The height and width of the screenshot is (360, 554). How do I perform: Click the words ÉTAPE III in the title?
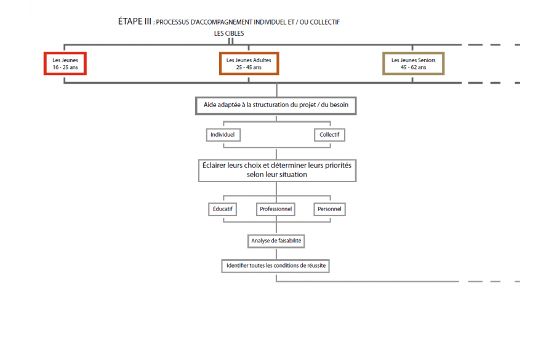click(135, 22)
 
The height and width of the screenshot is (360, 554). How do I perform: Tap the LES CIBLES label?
click(229, 34)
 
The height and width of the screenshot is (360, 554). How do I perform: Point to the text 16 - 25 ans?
click(65, 68)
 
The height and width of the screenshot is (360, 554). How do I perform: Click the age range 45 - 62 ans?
click(414, 68)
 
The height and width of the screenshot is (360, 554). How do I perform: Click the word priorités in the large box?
click(338, 166)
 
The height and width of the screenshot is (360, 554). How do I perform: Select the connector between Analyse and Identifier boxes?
click(276, 254)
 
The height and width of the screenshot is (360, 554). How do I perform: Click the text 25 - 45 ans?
click(249, 68)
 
